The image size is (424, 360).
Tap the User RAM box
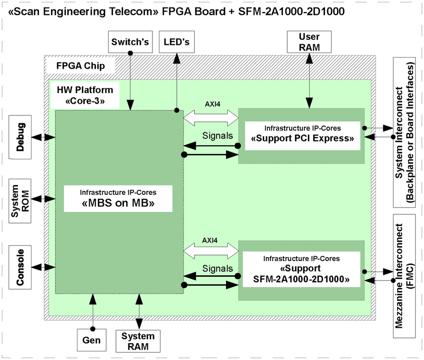(x=309, y=42)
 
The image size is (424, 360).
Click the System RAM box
(x=138, y=341)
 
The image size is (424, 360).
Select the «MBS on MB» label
(x=118, y=198)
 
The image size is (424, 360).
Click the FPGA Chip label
(x=81, y=66)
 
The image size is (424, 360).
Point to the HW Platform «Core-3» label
(x=85, y=95)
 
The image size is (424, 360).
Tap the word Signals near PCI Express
(x=217, y=135)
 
